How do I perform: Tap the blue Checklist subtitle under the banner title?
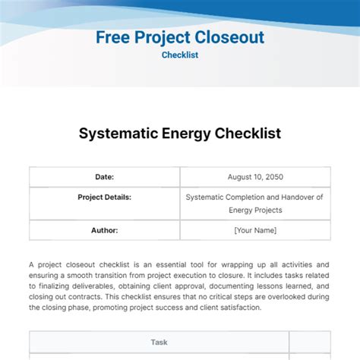(x=180, y=55)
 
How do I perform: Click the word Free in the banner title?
(x=115, y=36)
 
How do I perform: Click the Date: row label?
(x=104, y=177)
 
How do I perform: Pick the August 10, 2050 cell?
(x=255, y=177)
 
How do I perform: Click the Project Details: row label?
(x=104, y=197)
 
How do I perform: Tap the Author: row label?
(x=104, y=230)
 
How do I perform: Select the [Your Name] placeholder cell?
(x=255, y=230)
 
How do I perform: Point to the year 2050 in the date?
(x=271, y=177)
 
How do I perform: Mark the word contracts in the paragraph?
(x=88, y=297)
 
